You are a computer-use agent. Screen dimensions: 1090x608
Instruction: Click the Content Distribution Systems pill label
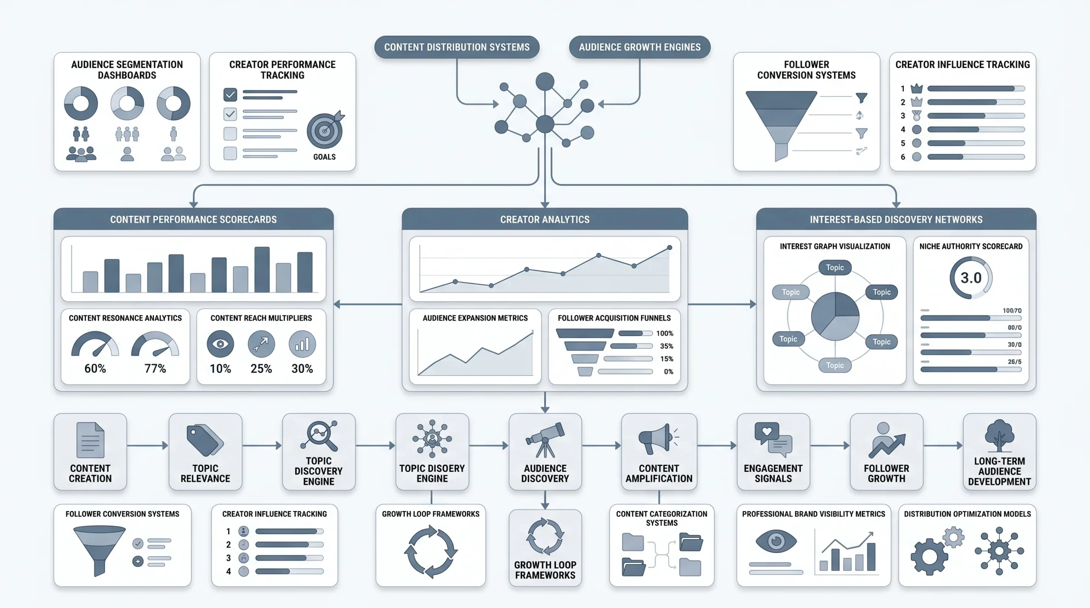(457, 47)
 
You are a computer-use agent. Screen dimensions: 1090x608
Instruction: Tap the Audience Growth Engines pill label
(640, 47)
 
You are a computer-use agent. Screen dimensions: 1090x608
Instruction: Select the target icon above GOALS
(325, 130)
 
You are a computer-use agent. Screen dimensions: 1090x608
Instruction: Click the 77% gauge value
(155, 368)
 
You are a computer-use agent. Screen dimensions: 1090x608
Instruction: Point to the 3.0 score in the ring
(971, 278)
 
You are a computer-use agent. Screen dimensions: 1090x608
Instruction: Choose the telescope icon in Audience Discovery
(545, 440)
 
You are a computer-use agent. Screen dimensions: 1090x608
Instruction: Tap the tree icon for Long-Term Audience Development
(999, 436)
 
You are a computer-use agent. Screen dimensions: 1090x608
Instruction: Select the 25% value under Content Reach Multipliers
(261, 368)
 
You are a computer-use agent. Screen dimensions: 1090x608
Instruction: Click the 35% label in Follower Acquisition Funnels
(666, 346)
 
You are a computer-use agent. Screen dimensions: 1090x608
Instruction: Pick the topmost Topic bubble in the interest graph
(835, 268)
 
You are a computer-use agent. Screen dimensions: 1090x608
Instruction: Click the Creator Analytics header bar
(545, 220)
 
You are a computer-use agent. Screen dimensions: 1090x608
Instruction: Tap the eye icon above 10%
(220, 344)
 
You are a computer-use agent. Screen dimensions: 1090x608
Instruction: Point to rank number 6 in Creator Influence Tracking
(903, 157)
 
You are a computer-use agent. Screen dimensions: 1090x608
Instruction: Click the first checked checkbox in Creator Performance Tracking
(230, 94)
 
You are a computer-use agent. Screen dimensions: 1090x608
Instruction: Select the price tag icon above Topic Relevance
(205, 440)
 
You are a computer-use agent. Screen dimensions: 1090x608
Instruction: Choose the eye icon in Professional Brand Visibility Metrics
(776, 541)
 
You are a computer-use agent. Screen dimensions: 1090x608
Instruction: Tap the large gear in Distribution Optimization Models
(929, 557)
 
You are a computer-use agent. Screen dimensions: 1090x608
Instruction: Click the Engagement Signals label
(773, 474)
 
